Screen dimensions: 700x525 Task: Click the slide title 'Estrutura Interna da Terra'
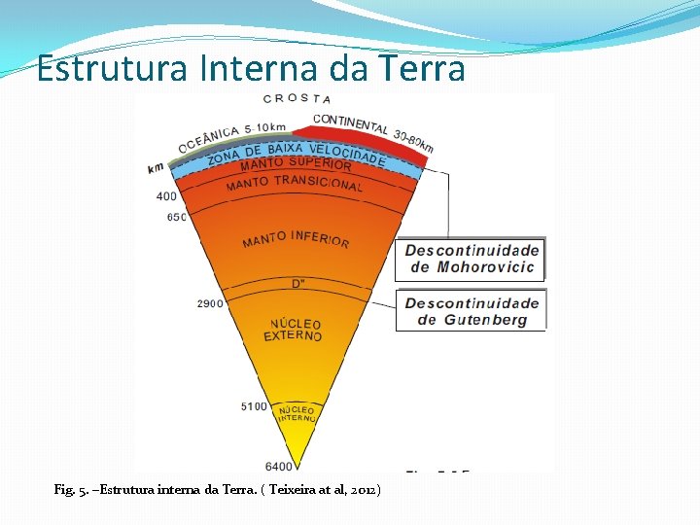pyautogui.click(x=251, y=69)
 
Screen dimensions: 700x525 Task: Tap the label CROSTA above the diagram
pyautogui.click(x=297, y=98)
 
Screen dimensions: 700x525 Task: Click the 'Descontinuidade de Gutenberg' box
pyautogui.click(x=472, y=311)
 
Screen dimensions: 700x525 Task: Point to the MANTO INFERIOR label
pyautogui.click(x=296, y=237)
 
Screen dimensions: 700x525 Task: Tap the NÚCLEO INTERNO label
pyautogui.click(x=297, y=414)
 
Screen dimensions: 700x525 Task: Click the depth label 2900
pyautogui.click(x=211, y=303)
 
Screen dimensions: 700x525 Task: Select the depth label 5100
pyautogui.click(x=254, y=406)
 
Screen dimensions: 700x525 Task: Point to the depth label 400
pyautogui.click(x=166, y=196)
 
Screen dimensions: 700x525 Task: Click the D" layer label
pyautogui.click(x=297, y=284)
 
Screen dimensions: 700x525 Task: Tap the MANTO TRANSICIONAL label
pyautogui.click(x=294, y=183)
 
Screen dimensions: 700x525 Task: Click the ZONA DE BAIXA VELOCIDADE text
pyautogui.click(x=296, y=152)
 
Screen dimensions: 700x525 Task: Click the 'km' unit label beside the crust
pyautogui.click(x=156, y=168)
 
